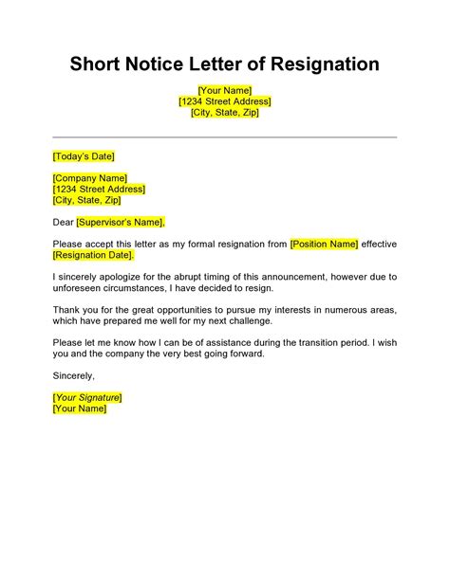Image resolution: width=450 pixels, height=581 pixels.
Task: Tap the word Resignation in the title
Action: tap(325, 64)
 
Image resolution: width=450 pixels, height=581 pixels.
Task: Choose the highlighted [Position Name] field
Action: tap(325, 245)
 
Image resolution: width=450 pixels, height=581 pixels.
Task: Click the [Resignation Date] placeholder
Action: tap(94, 255)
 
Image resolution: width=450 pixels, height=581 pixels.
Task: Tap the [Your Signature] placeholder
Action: tap(87, 398)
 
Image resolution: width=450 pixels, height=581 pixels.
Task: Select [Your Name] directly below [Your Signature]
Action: tap(80, 409)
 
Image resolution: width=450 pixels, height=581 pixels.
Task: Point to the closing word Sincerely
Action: tap(75, 376)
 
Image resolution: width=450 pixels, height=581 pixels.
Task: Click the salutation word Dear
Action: tap(64, 222)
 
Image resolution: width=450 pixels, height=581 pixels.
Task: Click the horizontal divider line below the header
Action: tap(225, 136)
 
